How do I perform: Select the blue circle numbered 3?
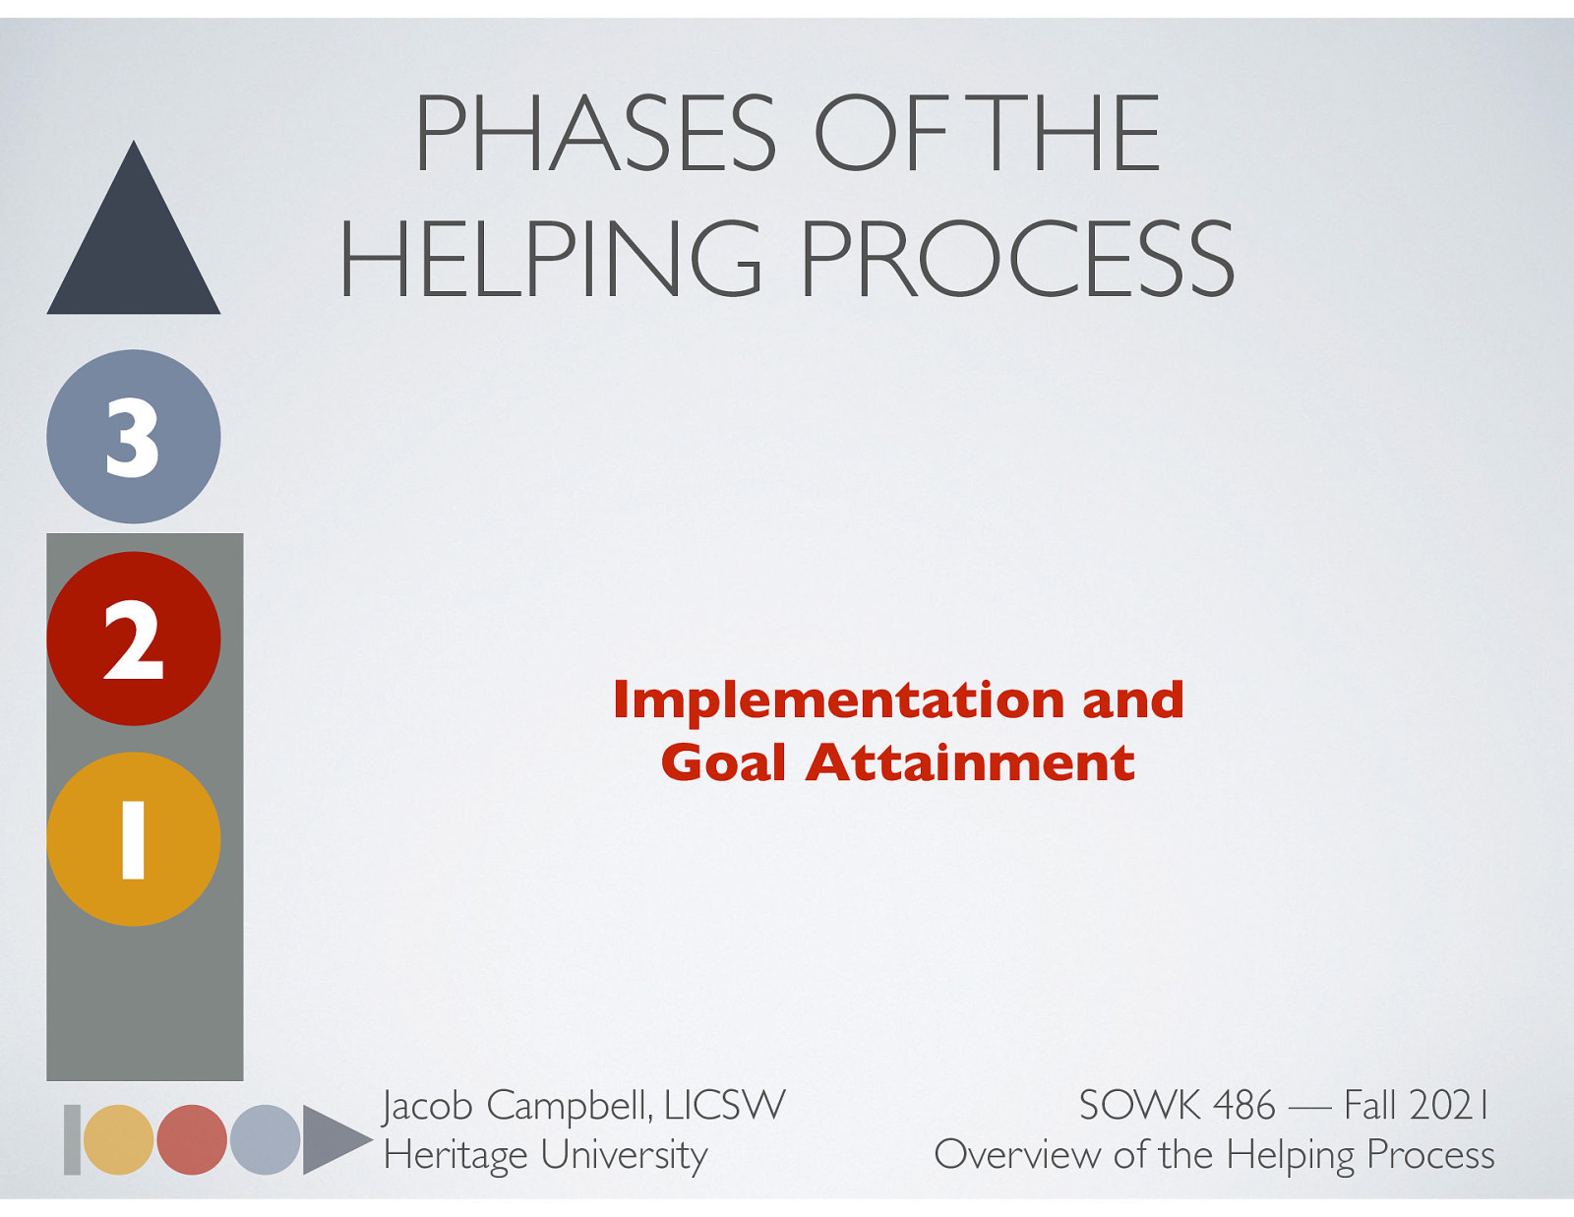click(134, 437)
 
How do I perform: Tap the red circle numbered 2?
click(134, 639)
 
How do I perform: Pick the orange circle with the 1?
click(134, 839)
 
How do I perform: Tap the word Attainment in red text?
click(970, 762)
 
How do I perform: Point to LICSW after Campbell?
click(724, 1105)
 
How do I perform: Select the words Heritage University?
click(545, 1154)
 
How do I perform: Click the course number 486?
click(1243, 1105)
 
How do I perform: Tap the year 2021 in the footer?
click(1450, 1105)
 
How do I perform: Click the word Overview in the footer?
click(1016, 1154)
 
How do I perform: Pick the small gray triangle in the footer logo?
click(330, 1139)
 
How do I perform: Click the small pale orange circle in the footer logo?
click(118, 1139)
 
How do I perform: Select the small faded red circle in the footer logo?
click(192, 1139)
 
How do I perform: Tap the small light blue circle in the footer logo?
click(265, 1139)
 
